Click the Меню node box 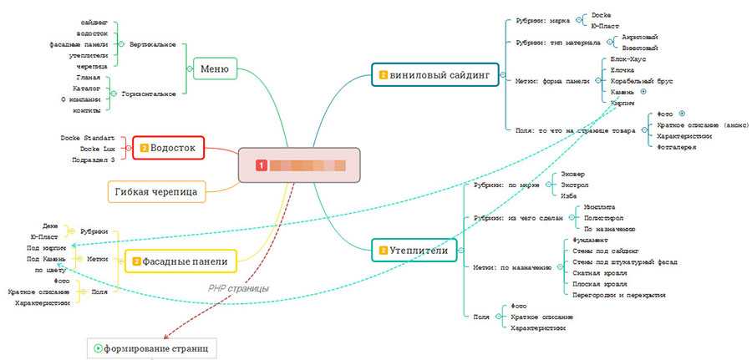[x=215, y=68]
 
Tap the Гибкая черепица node [x=157, y=192]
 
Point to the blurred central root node [x=299, y=165]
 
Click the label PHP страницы [x=238, y=288]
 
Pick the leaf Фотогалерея [x=677, y=147]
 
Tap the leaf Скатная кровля [x=594, y=272]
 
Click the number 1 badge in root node [x=261, y=165]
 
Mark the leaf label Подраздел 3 [x=93, y=159]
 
